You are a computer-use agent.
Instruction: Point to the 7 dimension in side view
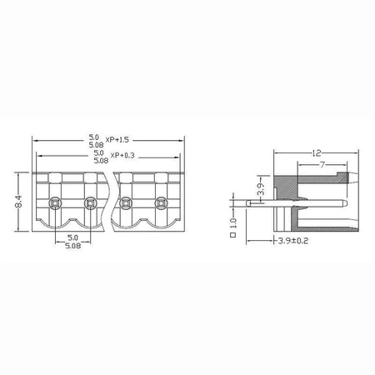(321, 166)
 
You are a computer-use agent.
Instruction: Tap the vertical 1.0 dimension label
(234, 223)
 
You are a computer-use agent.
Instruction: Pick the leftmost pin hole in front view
(54, 202)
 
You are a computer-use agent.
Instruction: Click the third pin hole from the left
(127, 202)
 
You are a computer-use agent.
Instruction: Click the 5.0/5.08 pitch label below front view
(72, 241)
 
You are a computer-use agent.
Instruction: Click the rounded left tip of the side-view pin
(249, 202)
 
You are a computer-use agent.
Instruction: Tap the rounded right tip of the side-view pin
(344, 202)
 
